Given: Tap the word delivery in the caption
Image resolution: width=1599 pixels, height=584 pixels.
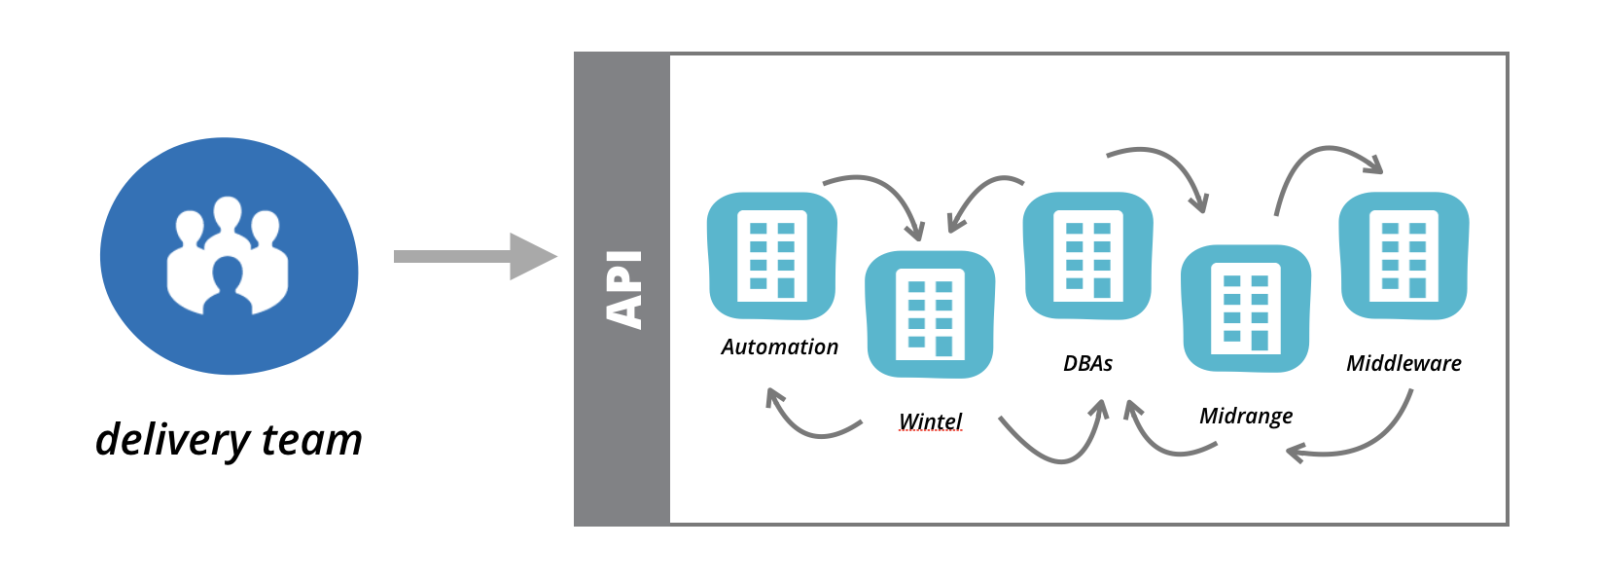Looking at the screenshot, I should click(x=172, y=441).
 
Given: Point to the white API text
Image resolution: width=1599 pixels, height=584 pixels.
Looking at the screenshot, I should click(x=623, y=289).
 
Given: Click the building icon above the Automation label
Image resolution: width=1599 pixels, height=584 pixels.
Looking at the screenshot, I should click(x=772, y=256).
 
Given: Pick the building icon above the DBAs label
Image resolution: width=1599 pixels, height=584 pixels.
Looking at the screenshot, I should click(x=1087, y=256).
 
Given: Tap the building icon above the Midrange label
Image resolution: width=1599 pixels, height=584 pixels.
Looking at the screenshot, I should click(x=1245, y=310).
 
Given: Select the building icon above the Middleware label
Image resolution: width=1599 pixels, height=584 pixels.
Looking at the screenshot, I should click(x=1404, y=256).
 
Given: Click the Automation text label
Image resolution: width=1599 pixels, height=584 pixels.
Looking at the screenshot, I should click(x=779, y=347).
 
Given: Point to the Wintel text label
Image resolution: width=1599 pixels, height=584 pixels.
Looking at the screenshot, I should click(x=931, y=421).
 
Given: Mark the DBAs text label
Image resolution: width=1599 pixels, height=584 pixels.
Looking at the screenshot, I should click(x=1087, y=364).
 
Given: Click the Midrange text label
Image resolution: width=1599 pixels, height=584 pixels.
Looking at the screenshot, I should click(x=1246, y=417).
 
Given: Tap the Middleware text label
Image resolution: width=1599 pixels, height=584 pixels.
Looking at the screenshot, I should click(x=1404, y=364).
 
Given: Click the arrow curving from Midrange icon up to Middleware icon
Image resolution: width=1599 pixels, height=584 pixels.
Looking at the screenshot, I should click(x=1313, y=161).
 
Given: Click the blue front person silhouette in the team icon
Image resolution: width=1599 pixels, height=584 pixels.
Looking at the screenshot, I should click(x=229, y=287).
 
